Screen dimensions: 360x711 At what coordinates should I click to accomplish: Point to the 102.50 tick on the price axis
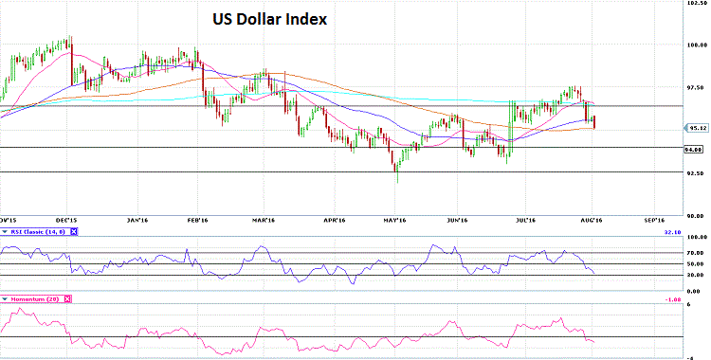697,6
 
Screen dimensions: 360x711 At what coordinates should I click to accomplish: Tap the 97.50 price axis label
697,87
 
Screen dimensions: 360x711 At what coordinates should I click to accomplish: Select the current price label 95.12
697,127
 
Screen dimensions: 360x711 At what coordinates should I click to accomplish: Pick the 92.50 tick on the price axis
697,172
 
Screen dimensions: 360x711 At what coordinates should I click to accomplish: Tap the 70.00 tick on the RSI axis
697,252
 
